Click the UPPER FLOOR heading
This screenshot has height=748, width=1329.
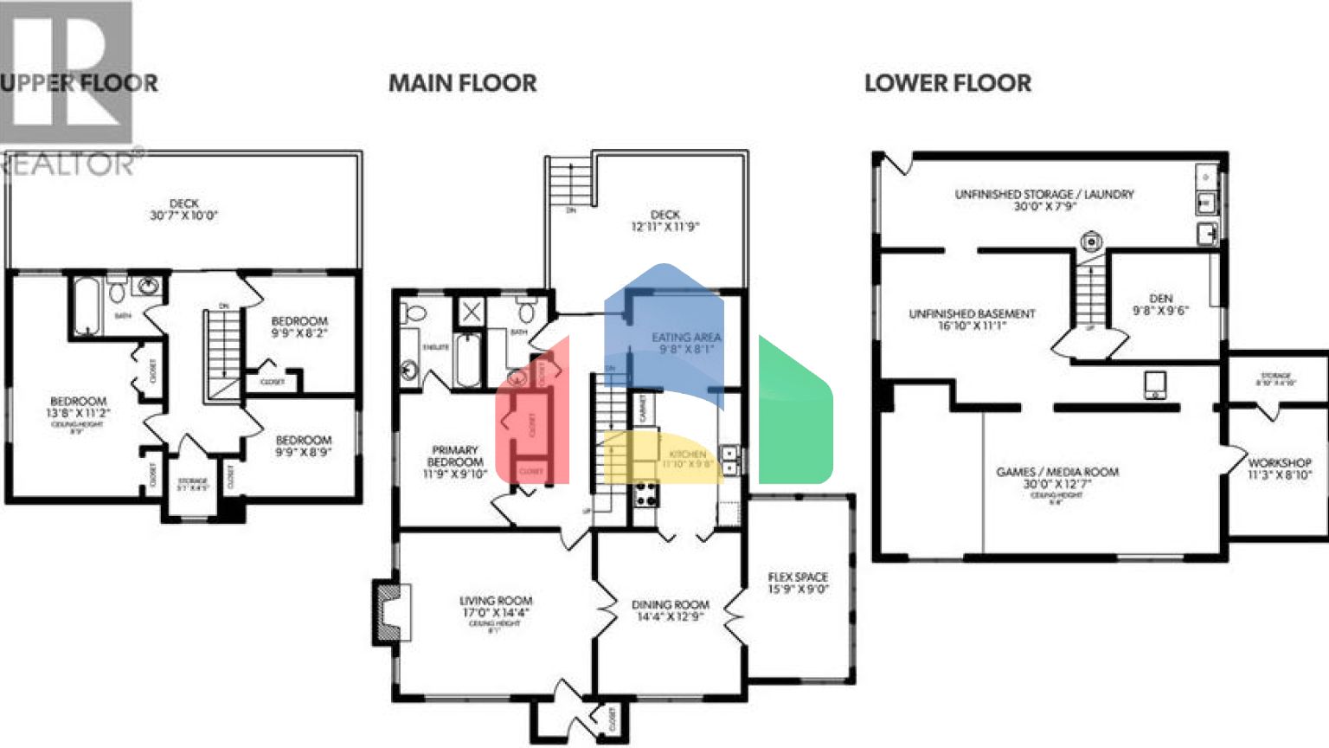tap(80, 83)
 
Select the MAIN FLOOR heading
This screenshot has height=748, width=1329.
tap(462, 83)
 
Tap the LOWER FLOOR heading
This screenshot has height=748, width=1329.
tap(947, 83)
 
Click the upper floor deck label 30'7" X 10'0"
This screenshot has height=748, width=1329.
tap(183, 210)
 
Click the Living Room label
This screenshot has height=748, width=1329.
tap(496, 606)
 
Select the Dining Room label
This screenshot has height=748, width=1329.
tap(670, 610)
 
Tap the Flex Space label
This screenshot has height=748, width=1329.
tap(798, 583)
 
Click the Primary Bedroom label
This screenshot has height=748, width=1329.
tap(455, 461)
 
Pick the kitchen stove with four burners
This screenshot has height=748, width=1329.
tap(646, 495)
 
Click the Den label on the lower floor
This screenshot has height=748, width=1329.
tap(1160, 304)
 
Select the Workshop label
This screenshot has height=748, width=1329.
tap(1279, 468)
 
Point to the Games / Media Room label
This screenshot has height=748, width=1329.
tap(1056, 478)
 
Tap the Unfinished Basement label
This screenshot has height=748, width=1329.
tap(972, 319)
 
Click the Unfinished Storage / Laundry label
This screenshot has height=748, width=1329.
tap(1043, 200)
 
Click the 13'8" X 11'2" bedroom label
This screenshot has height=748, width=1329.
tap(78, 408)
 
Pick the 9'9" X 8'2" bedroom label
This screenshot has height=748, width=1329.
tap(299, 326)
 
